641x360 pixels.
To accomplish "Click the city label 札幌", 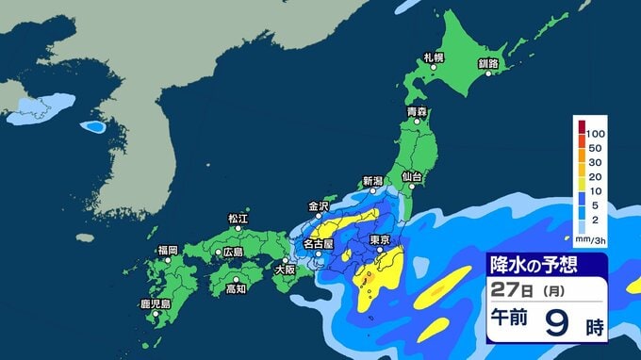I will tap(433, 58).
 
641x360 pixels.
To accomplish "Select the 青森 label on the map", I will tap(417, 112).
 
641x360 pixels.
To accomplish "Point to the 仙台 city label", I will tap(411, 177).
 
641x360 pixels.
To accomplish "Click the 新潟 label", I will tap(373, 181).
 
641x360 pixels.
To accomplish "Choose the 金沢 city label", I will tap(318, 205).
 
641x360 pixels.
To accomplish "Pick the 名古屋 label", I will tap(317, 244).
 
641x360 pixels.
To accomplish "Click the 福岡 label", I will tap(168, 250).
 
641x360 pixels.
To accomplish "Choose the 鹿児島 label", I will tap(154, 304).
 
